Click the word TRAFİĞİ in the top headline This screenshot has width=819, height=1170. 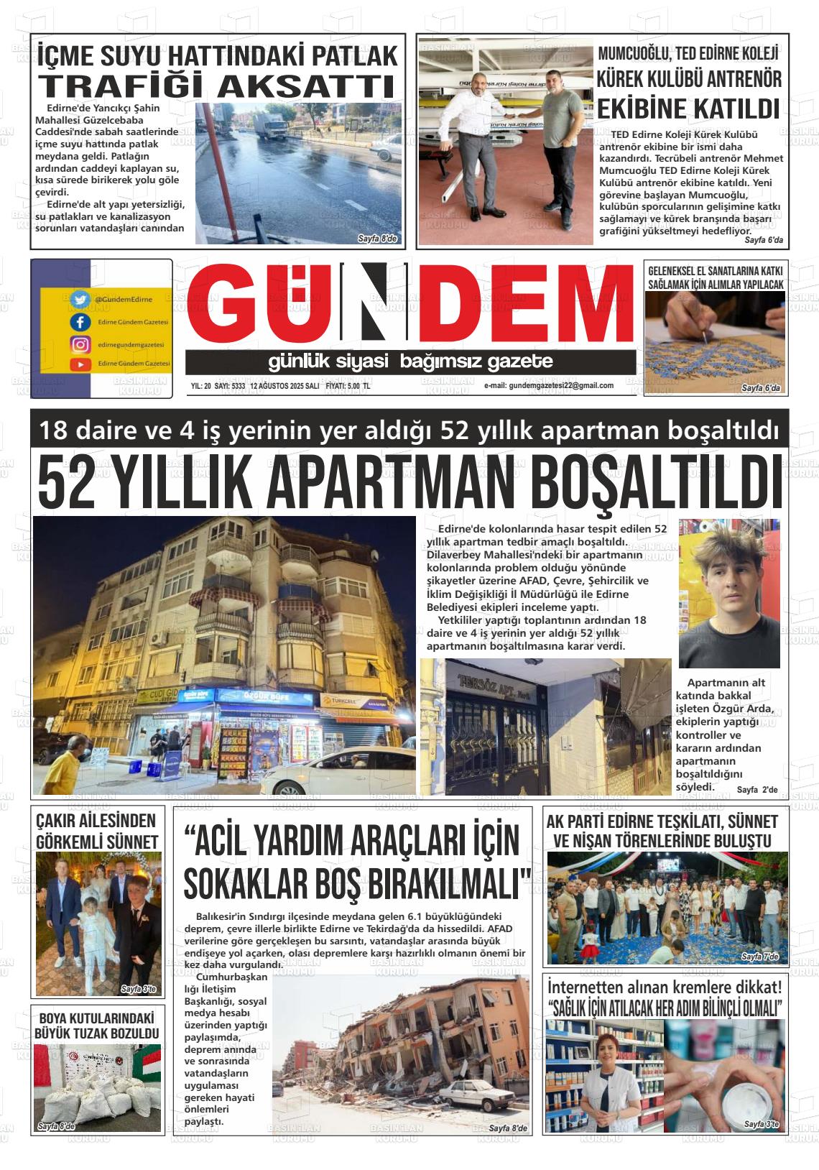pos(122,86)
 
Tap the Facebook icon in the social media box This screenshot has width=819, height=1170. pos(80,322)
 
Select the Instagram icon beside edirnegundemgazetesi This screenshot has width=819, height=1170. pos(80,344)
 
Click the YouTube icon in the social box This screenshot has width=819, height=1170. pos(80,364)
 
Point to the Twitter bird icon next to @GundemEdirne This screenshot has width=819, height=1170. pos(80,299)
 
